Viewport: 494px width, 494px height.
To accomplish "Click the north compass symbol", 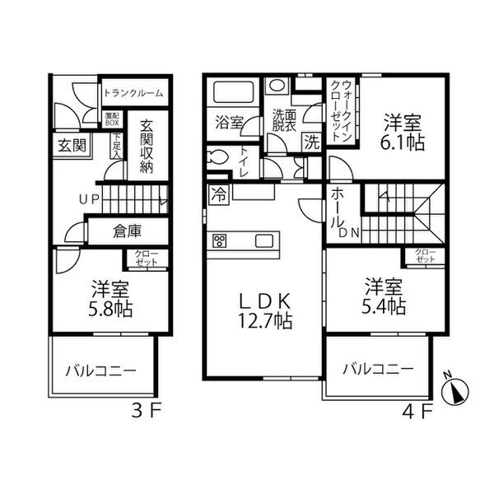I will tap(454, 390).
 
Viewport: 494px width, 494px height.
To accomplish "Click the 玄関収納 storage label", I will tap(147, 147).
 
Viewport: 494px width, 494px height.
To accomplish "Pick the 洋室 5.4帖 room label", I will tap(384, 297).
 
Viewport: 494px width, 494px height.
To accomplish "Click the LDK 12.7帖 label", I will tap(264, 308).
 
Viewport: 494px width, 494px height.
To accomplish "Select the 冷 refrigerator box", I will tap(220, 196).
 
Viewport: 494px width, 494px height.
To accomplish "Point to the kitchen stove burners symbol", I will tap(220, 241).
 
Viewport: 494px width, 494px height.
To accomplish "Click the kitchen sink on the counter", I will tap(264, 241).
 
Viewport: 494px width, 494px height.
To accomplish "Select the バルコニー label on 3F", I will tap(100, 370).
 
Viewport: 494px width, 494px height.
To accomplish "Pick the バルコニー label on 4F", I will tap(377, 369).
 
